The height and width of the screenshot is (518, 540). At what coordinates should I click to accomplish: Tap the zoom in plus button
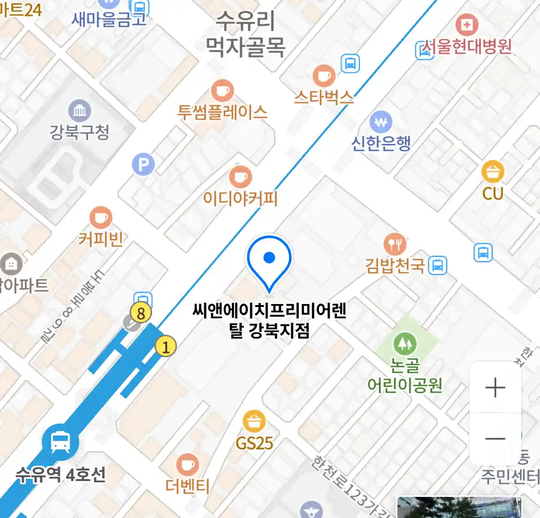(495, 388)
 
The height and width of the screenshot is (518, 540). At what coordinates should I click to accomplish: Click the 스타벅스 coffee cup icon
(324, 75)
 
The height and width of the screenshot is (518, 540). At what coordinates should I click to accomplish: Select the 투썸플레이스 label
(222, 112)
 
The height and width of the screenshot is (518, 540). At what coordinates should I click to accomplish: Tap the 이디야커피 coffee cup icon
(240, 177)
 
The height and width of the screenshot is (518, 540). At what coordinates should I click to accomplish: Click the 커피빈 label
(101, 238)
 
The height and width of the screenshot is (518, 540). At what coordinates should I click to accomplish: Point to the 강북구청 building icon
(80, 111)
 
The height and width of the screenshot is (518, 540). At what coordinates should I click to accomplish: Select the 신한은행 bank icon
(381, 122)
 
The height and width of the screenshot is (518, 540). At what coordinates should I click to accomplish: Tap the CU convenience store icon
(493, 172)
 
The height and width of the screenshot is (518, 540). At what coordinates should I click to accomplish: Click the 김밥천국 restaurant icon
(395, 244)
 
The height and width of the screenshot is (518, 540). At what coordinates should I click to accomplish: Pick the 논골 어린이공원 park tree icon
(405, 343)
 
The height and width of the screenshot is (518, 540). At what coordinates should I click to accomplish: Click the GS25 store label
(254, 443)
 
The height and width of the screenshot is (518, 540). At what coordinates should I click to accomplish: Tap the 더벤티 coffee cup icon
(187, 465)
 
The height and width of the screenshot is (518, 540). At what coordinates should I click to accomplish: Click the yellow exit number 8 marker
(141, 313)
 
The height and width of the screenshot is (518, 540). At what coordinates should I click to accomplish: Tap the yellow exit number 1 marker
(166, 346)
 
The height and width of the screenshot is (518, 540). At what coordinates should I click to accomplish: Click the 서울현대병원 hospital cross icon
(466, 25)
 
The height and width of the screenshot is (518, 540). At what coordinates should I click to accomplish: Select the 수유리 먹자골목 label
(246, 34)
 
